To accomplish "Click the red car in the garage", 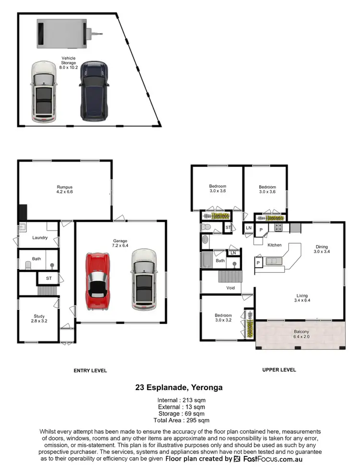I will [x=98, y=281].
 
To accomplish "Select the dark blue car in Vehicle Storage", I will [x=93, y=91].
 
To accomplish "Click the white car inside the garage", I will [x=144, y=280].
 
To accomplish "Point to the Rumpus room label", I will [x=65, y=189].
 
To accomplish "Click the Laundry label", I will [x=39, y=238].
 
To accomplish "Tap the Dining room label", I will [x=322, y=248].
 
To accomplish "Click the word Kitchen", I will [x=274, y=245].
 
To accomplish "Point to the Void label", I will [x=231, y=288].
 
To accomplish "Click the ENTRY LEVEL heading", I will [x=90, y=370].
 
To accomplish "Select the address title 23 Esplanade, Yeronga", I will [x=180, y=387].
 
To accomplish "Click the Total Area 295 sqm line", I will [x=180, y=420].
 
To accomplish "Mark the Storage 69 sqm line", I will [x=180, y=414].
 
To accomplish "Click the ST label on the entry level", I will [x=49, y=278].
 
